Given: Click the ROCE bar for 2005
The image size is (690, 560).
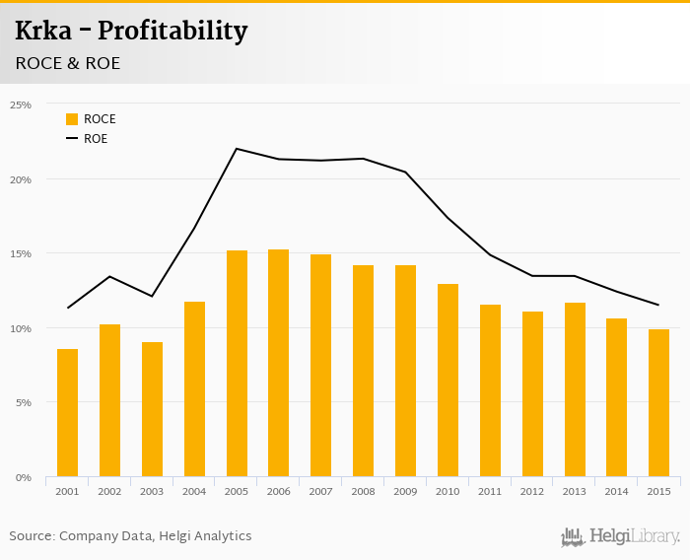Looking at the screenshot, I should [237, 364].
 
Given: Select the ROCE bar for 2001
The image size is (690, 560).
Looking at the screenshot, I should [67, 413].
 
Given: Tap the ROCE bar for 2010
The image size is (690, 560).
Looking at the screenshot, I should [448, 381].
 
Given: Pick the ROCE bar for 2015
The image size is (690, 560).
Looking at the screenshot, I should [658, 403].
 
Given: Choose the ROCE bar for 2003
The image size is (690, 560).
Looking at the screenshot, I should [152, 409].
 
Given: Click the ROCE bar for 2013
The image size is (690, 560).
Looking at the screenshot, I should [575, 389].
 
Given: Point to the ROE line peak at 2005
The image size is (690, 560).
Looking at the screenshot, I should [237, 149].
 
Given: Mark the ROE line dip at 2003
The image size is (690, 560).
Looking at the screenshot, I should [152, 296].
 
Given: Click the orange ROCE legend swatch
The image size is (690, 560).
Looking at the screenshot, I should [72, 119].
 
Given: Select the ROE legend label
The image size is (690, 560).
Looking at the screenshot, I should [96, 139].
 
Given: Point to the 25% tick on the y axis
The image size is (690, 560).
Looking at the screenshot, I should [21, 105].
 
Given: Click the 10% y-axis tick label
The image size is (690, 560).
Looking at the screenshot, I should [21, 328].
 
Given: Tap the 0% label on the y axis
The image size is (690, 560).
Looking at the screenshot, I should [24, 477].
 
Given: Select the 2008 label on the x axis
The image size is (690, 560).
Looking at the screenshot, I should [363, 491].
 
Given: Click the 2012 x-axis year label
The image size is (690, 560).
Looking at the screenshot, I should [532, 491].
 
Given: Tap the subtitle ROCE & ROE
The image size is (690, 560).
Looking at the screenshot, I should [68, 63].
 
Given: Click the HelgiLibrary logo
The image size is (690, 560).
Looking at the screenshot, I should [620, 536].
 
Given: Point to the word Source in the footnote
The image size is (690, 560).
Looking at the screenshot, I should [32, 536].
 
